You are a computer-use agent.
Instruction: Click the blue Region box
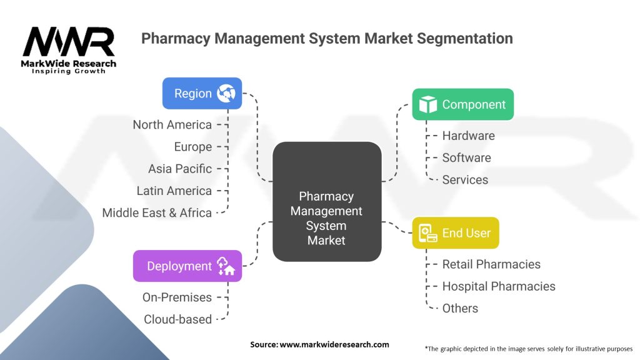[x=202, y=94]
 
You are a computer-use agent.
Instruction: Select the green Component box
[x=462, y=104]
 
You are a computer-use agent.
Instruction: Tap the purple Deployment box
[x=187, y=266]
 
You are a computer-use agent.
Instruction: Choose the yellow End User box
[x=456, y=233]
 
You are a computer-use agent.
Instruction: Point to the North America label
[x=172, y=125]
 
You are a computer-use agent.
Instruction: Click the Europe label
[x=193, y=147]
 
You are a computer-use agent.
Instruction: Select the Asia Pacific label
[x=180, y=169]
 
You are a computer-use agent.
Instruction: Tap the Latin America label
[x=174, y=191]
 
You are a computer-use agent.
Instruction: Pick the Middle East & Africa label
[x=157, y=212]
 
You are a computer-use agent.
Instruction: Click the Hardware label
[x=468, y=136]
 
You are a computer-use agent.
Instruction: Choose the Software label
[x=466, y=157]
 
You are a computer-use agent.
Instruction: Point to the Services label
[x=465, y=179]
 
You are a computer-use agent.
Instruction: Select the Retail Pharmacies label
[x=491, y=264]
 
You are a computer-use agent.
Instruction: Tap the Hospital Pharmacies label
[x=499, y=286]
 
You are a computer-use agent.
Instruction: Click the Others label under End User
[x=460, y=308]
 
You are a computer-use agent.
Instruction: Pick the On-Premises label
[x=177, y=297]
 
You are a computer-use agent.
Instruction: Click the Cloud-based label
[x=177, y=319]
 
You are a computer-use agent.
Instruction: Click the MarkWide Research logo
[x=69, y=50]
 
